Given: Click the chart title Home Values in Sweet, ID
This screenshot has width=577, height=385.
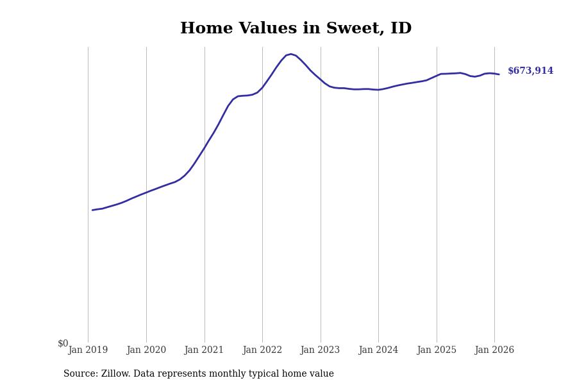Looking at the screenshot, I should pyautogui.click(x=296, y=29).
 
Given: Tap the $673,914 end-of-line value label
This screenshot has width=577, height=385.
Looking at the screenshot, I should pyautogui.click(x=530, y=71).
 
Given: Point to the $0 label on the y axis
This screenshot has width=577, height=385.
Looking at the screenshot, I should pyautogui.click(x=63, y=343).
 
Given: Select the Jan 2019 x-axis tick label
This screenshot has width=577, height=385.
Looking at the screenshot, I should pyautogui.click(x=88, y=350).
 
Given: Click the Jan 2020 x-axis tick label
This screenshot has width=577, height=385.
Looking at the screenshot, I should pyautogui.click(x=146, y=350).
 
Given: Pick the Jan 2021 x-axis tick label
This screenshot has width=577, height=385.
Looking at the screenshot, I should pyautogui.click(x=204, y=350).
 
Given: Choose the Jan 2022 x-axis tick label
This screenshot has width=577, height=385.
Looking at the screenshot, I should pyautogui.click(x=262, y=350).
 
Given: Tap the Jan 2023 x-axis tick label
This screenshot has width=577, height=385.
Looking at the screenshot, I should pyautogui.click(x=320, y=350).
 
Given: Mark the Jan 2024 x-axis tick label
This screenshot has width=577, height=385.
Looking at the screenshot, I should pyautogui.click(x=378, y=350).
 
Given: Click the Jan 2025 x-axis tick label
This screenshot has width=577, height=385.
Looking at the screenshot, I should pyautogui.click(x=437, y=350).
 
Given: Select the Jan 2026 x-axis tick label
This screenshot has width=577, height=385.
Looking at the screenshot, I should pyautogui.click(x=494, y=350).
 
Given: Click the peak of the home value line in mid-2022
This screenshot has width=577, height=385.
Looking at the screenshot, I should pyautogui.click(x=291, y=54).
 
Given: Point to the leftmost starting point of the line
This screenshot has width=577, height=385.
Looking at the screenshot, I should pyautogui.click(x=92, y=210).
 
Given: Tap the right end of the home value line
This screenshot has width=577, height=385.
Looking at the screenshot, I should pyautogui.click(x=499, y=74).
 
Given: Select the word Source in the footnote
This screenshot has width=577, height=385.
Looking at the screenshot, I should pyautogui.click(x=80, y=374).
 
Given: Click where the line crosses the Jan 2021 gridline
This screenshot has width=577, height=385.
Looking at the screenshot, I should pyautogui.click(x=205, y=148).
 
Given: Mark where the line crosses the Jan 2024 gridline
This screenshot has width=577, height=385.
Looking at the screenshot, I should pyautogui.click(x=378, y=90).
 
